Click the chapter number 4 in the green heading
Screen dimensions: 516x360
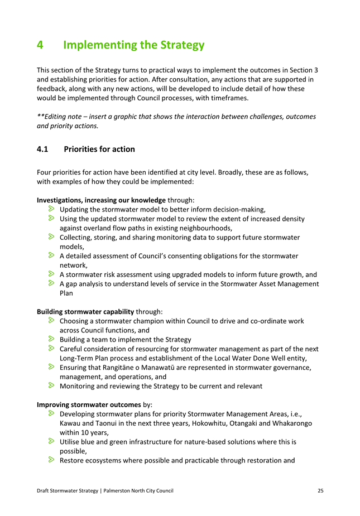40,45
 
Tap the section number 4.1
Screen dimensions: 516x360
44,150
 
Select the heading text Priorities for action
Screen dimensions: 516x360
99,150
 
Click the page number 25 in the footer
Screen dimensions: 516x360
320,490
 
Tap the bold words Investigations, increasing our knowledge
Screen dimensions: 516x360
101,199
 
